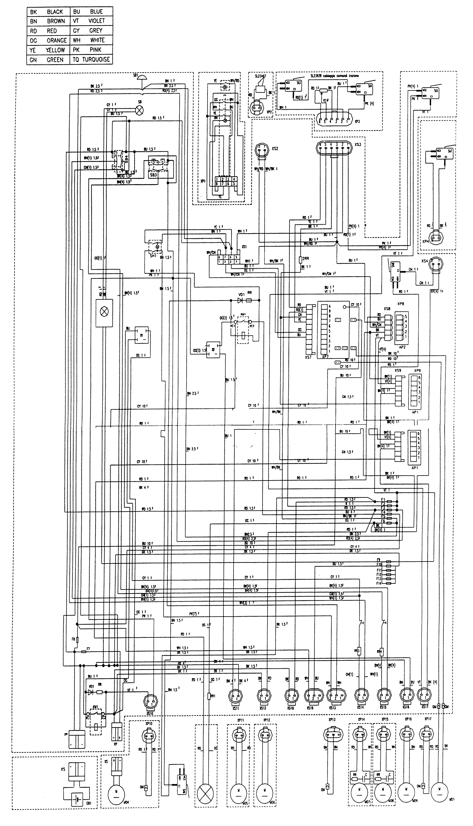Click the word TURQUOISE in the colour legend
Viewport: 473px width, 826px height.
(x=96, y=59)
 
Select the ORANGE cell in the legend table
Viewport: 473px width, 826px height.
(x=56, y=40)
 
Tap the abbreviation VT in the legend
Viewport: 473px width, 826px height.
(x=76, y=21)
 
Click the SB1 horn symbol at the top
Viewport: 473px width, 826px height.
(x=142, y=77)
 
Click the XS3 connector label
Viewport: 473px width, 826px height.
(x=357, y=144)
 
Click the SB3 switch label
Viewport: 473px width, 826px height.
(x=153, y=175)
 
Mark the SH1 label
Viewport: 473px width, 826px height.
(x=153, y=256)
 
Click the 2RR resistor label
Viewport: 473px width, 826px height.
(x=306, y=259)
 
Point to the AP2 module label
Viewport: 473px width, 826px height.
(x=402, y=347)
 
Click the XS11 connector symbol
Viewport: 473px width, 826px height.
(x=236, y=697)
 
